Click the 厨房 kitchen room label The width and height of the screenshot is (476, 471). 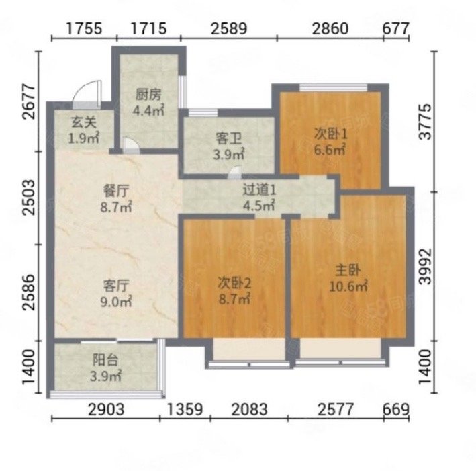(x=148, y=95)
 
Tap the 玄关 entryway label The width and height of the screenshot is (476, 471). (x=84, y=122)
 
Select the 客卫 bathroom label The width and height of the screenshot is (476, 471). (x=228, y=138)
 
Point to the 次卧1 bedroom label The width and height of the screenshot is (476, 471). (x=330, y=134)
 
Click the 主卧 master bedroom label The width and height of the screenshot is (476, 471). (x=348, y=270)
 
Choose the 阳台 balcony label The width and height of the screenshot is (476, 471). (x=105, y=360)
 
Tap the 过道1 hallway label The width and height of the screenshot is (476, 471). (x=259, y=190)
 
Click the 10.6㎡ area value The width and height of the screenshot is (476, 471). (x=348, y=286)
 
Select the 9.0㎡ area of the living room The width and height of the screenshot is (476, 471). (x=116, y=302)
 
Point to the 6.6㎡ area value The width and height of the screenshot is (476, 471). (x=330, y=150)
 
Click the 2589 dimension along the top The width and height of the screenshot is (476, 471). (x=229, y=28)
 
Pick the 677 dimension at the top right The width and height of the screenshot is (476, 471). (x=395, y=28)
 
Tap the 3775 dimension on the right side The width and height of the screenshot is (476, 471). (x=425, y=122)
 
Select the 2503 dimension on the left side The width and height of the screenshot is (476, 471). (x=29, y=198)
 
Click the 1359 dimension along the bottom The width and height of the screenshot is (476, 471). (x=185, y=409)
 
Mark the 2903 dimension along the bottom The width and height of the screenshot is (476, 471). (x=106, y=409)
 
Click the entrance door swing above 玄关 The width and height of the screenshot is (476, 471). (x=88, y=93)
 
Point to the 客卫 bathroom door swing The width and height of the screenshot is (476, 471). (x=235, y=172)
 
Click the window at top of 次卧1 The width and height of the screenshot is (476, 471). (x=333, y=87)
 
